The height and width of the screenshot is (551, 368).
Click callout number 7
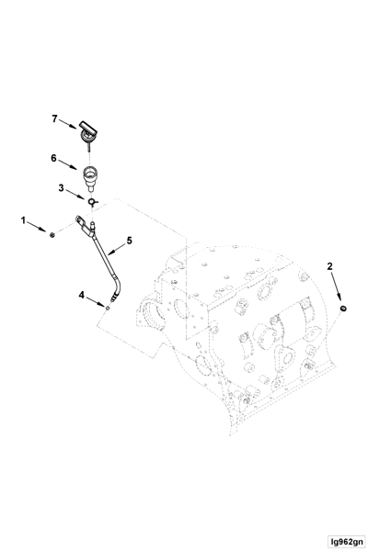[x=54, y=118]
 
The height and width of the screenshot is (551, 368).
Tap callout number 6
[x=55, y=159]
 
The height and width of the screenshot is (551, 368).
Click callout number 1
[x=24, y=220]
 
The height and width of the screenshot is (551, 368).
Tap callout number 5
[x=129, y=242]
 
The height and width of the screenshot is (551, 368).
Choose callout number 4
[x=81, y=295]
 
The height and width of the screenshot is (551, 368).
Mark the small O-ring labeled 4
[x=108, y=309]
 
